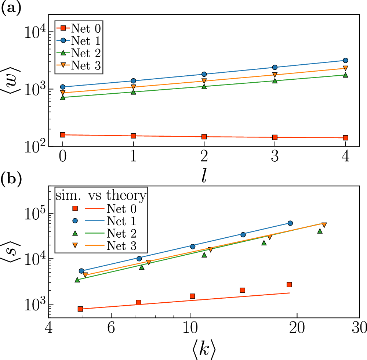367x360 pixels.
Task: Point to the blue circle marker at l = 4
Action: [345, 60]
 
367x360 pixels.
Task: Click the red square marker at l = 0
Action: [63, 135]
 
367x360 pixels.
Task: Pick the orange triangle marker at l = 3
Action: [275, 75]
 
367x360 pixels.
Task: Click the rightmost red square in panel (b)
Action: [289, 285]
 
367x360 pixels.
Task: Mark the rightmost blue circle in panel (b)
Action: [290, 223]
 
